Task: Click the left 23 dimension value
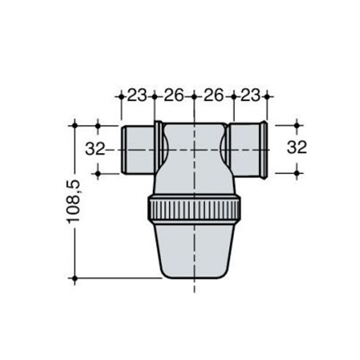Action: pos(137,95)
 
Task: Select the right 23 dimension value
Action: pos(250,95)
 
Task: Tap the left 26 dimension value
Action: pos(174,95)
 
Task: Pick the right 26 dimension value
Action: pos(214,95)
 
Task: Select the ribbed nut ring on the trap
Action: pos(194,209)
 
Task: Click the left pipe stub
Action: pos(137,149)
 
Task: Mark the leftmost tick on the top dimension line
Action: pos(122,95)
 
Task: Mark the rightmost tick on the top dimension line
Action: pos(267,95)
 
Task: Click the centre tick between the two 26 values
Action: pos(194,95)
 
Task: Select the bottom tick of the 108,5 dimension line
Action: pos(74,278)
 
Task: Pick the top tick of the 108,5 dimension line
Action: pos(74,125)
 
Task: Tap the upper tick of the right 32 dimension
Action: pos(297,125)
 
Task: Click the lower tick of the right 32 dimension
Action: pos(297,173)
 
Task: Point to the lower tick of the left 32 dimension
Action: pos(98,173)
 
